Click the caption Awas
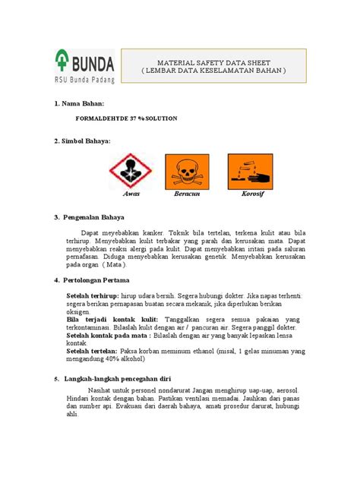[x=131, y=194]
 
